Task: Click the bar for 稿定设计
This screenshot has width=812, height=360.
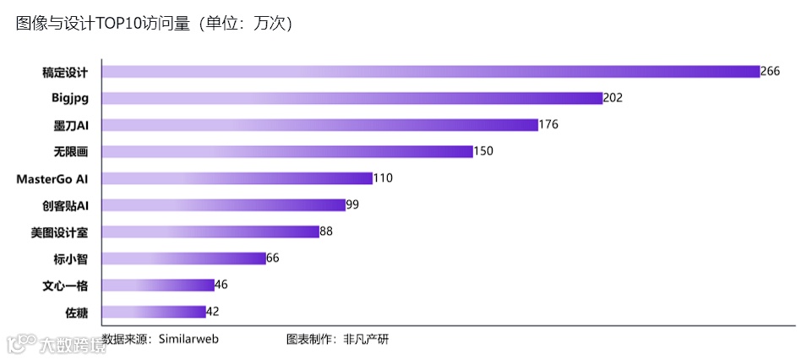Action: point(431,71)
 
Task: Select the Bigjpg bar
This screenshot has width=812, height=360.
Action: point(352,98)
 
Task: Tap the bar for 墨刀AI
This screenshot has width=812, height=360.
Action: point(320,125)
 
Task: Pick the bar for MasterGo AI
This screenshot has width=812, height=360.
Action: point(237,178)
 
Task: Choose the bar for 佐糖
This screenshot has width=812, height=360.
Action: point(154,312)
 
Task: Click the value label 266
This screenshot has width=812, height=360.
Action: point(770,71)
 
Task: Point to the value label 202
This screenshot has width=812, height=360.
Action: point(613,98)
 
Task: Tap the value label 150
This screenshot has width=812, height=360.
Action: point(482,151)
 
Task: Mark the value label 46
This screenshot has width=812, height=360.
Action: point(221,285)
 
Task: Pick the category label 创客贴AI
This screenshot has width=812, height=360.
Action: point(65,205)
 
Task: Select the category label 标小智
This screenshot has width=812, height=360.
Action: point(71,259)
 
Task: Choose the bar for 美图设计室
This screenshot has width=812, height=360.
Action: point(210,232)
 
